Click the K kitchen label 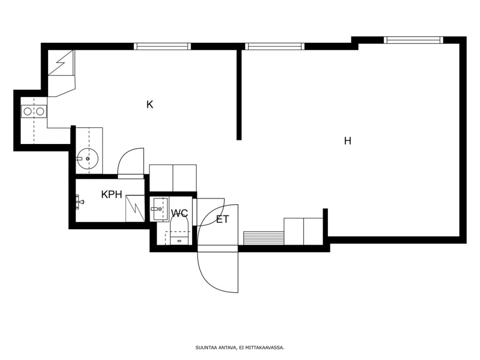tap(150, 105)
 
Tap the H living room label tap(347, 141)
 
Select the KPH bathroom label tap(112, 194)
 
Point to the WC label tap(179, 213)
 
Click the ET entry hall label tap(222, 220)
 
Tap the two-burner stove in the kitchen tap(34, 111)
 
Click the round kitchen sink tap(87, 158)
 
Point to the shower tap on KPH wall tap(79, 202)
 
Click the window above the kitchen tap(162, 46)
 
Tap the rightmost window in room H tap(413, 40)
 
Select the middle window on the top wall tap(275, 46)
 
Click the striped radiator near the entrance tap(263, 238)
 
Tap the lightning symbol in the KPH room tap(135, 208)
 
